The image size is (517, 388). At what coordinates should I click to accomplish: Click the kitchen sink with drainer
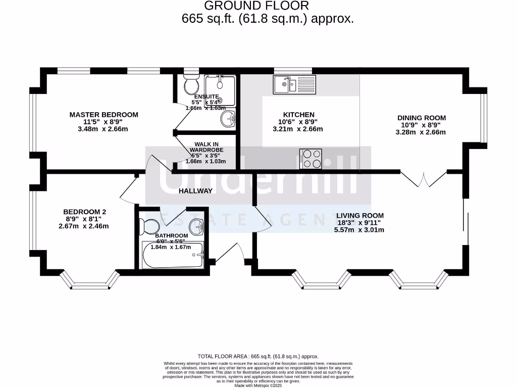(294, 84)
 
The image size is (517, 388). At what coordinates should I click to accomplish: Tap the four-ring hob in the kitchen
(312, 158)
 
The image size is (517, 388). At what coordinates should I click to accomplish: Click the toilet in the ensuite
(191, 84)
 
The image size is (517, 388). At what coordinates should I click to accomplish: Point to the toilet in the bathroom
(150, 226)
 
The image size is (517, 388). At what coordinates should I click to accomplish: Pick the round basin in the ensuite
(228, 119)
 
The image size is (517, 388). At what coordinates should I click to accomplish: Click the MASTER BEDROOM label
(104, 115)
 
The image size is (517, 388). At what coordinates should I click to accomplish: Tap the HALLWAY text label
(195, 190)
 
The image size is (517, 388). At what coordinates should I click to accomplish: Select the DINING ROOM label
(422, 118)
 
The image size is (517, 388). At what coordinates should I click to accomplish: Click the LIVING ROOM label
(360, 215)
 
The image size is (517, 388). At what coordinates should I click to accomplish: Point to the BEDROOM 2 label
(84, 212)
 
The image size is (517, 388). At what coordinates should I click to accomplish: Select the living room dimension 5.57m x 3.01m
(359, 229)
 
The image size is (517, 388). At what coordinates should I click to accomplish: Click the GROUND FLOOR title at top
(256, 6)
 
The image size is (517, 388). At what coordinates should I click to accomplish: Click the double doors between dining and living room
(424, 179)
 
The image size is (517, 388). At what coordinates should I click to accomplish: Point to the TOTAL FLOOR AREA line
(258, 356)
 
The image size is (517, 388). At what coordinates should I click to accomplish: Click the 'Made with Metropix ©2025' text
(258, 385)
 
